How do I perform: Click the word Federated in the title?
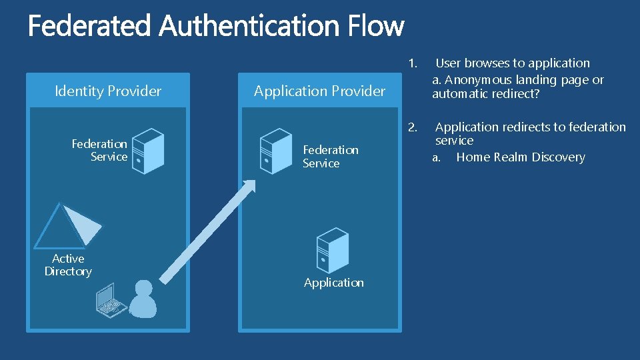[x=91, y=27]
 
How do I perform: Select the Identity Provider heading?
[x=108, y=91]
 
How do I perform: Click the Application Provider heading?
[x=319, y=91]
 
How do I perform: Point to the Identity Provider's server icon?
[x=147, y=151]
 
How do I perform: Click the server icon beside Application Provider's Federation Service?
[x=275, y=151]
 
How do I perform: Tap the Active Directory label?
[x=68, y=265]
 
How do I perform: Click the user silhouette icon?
[x=142, y=298]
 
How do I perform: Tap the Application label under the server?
[x=333, y=283]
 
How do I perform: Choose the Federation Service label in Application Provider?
[x=330, y=157]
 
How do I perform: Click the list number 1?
[x=413, y=63]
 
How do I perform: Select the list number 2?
[x=413, y=127]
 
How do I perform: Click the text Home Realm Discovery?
[x=520, y=157]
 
